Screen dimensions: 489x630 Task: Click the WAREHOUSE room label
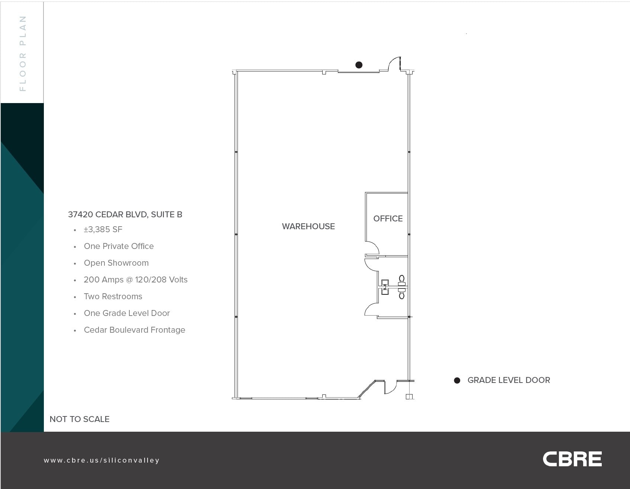(x=308, y=226)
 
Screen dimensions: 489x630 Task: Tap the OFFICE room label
(x=388, y=218)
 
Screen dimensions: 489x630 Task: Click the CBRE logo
(x=572, y=459)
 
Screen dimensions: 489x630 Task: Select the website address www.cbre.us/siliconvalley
(x=101, y=460)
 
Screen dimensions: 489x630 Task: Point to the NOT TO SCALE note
(x=79, y=419)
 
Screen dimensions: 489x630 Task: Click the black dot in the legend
(x=457, y=380)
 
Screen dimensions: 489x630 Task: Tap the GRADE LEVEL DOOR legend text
(x=508, y=380)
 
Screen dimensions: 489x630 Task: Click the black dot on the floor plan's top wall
(x=359, y=65)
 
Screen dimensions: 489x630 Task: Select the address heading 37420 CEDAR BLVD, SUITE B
(x=125, y=214)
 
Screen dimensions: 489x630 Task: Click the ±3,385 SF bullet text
(x=103, y=230)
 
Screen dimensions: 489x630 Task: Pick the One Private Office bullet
(x=119, y=246)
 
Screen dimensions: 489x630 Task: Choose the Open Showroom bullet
(x=116, y=263)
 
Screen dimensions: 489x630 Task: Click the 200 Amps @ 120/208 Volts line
(x=135, y=279)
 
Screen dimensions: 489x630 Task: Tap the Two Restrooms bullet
(x=113, y=296)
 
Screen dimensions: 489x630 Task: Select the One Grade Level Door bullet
(x=127, y=313)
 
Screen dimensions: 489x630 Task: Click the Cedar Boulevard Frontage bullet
(x=134, y=330)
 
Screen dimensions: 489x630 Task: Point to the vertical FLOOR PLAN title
(x=23, y=53)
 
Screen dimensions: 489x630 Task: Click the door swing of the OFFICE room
(x=372, y=248)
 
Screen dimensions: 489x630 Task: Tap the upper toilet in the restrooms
(x=401, y=279)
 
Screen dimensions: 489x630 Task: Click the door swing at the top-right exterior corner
(x=394, y=64)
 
